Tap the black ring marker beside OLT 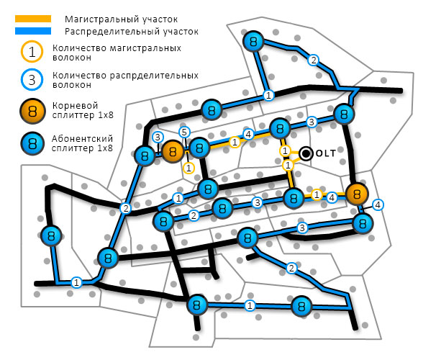tap(306, 153)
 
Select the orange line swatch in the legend tap(33, 18)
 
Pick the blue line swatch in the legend tap(33, 30)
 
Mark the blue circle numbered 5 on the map tap(185, 132)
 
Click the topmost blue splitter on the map tap(252, 42)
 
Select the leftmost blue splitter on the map tap(50, 235)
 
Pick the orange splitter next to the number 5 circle tap(173, 151)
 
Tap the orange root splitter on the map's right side tap(357, 193)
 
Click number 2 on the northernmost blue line tap(312, 60)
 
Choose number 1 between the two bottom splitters tap(250, 306)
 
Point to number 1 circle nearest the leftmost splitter tap(76, 282)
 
